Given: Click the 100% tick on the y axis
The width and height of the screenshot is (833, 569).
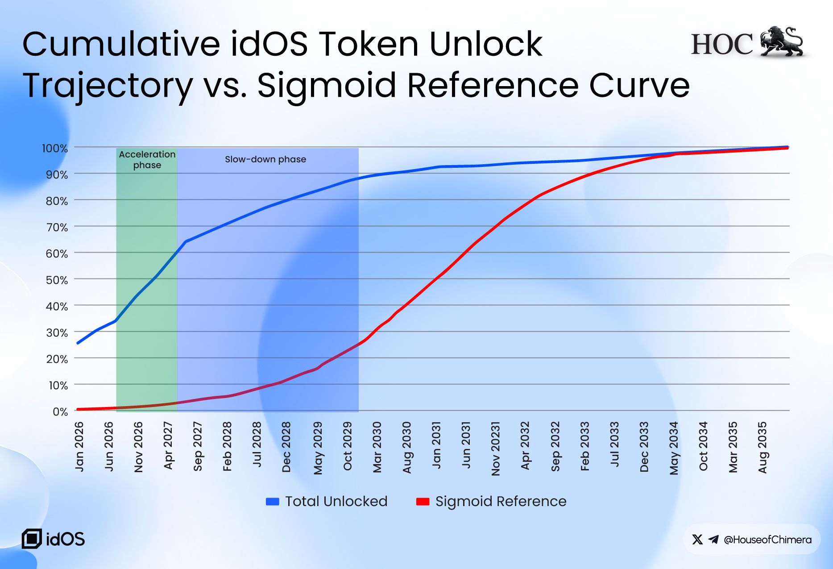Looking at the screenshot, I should (x=55, y=148).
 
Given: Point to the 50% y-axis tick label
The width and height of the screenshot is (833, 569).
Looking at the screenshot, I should (x=57, y=280).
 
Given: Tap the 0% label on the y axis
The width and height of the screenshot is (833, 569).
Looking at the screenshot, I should (x=60, y=411).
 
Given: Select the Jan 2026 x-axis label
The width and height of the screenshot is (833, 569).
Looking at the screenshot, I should (x=79, y=446).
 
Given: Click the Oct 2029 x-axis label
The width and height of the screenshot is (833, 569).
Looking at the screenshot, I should (x=348, y=446).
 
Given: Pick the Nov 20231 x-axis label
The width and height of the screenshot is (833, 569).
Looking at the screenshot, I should (x=496, y=449).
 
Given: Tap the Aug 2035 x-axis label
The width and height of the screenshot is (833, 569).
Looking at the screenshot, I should (x=763, y=447).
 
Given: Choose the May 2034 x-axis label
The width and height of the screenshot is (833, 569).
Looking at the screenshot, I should (x=674, y=448).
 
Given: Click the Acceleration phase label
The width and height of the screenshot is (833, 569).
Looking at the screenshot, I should (x=147, y=159).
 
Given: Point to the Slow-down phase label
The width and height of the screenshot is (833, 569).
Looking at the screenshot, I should (x=265, y=159).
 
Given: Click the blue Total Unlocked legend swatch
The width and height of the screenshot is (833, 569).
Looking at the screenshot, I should (x=272, y=502).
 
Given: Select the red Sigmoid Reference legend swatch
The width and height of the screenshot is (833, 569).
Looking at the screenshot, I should (x=423, y=502).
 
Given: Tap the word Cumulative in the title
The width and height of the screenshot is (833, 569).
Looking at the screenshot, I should (x=121, y=44).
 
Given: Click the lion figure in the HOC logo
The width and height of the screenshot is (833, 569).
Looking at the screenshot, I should (x=782, y=42).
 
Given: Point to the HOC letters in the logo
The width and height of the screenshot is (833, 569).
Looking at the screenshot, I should (x=722, y=44).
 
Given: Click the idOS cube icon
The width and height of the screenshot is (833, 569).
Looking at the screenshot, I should (x=32, y=539).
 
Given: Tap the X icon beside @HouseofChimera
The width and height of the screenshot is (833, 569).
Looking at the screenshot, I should (x=697, y=540).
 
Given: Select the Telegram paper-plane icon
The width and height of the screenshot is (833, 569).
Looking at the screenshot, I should (x=713, y=540).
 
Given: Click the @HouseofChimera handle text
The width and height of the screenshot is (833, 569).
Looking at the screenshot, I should (x=767, y=540).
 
